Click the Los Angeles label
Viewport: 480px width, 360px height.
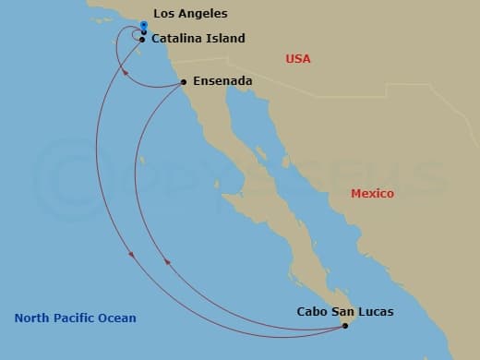[190, 14]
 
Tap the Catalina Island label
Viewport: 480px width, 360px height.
[198, 39]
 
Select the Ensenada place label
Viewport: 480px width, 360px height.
[222, 82]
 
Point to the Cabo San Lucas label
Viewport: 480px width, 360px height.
[345, 312]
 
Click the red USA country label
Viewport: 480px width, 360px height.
[298, 59]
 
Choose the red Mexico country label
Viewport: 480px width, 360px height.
[372, 194]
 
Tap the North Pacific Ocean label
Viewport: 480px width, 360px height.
[75, 318]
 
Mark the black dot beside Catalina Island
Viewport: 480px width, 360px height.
[141, 39]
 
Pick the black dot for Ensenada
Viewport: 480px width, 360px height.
[184, 82]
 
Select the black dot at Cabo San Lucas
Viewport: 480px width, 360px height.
[344, 325]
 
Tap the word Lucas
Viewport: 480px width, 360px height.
[376, 312]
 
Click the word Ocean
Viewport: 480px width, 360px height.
[119, 318]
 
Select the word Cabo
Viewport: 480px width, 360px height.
[312, 312]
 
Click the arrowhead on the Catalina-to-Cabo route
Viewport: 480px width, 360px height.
[131, 253]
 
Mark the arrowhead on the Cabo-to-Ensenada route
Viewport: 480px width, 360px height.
[166, 262]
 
